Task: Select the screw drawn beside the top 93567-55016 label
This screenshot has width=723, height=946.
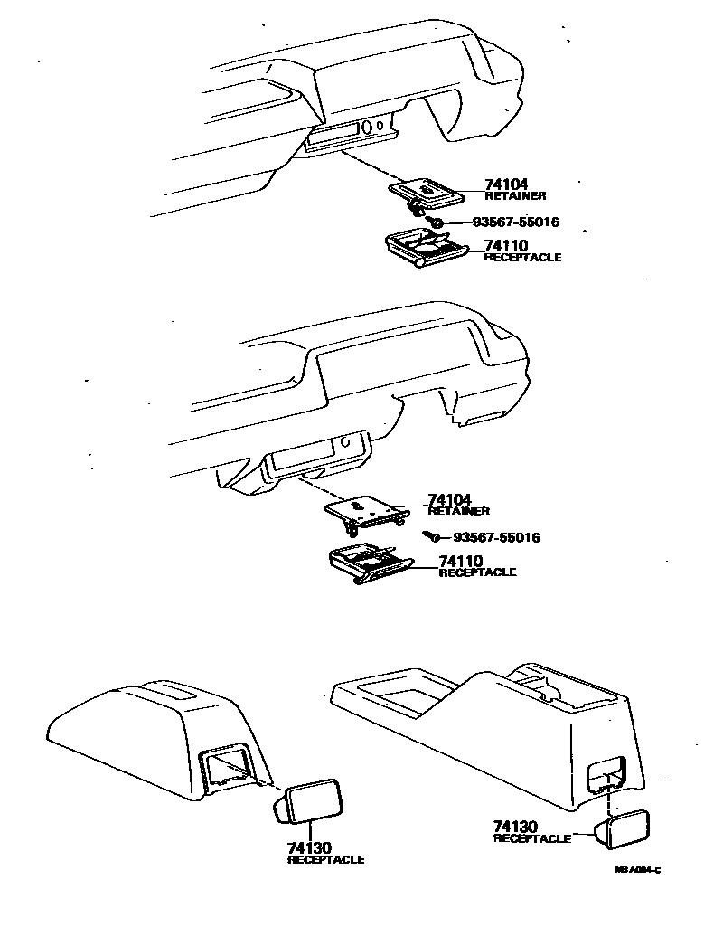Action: (x=436, y=221)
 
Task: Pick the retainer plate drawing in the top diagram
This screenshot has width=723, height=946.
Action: (x=422, y=191)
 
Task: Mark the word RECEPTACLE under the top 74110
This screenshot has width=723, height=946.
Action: (x=522, y=258)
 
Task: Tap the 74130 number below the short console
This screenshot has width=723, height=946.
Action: (x=310, y=847)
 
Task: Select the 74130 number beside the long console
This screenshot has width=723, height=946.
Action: (x=515, y=826)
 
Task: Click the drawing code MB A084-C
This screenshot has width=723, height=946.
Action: (x=638, y=870)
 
